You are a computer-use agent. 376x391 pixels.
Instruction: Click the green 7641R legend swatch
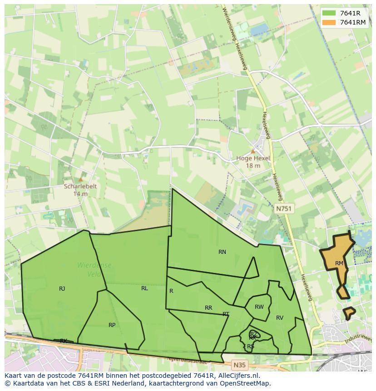click(x=329, y=13)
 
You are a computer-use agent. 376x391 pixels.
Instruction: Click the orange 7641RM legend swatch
click(x=329, y=22)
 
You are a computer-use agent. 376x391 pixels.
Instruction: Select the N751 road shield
click(x=284, y=208)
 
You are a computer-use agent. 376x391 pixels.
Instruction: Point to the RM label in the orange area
click(x=339, y=263)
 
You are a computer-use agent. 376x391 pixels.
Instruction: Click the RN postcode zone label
click(x=222, y=252)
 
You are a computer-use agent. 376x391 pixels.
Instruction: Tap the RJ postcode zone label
click(x=62, y=289)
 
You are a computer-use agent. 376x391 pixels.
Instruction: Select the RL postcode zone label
click(x=144, y=288)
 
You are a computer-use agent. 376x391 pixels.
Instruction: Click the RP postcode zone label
click(x=112, y=325)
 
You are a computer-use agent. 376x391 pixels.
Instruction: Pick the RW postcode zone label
click(x=259, y=307)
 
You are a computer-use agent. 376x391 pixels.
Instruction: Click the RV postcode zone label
click(x=280, y=318)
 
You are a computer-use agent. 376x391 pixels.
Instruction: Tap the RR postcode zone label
click(x=208, y=308)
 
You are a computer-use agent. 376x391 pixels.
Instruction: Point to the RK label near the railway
click(x=64, y=341)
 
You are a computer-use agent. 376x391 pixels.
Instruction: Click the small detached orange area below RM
click(x=349, y=313)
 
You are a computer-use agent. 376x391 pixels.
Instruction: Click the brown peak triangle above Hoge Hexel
click(x=253, y=151)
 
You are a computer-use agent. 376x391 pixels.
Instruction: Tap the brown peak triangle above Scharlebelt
click(x=80, y=179)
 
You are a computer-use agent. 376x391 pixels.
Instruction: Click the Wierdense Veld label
click(x=94, y=269)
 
